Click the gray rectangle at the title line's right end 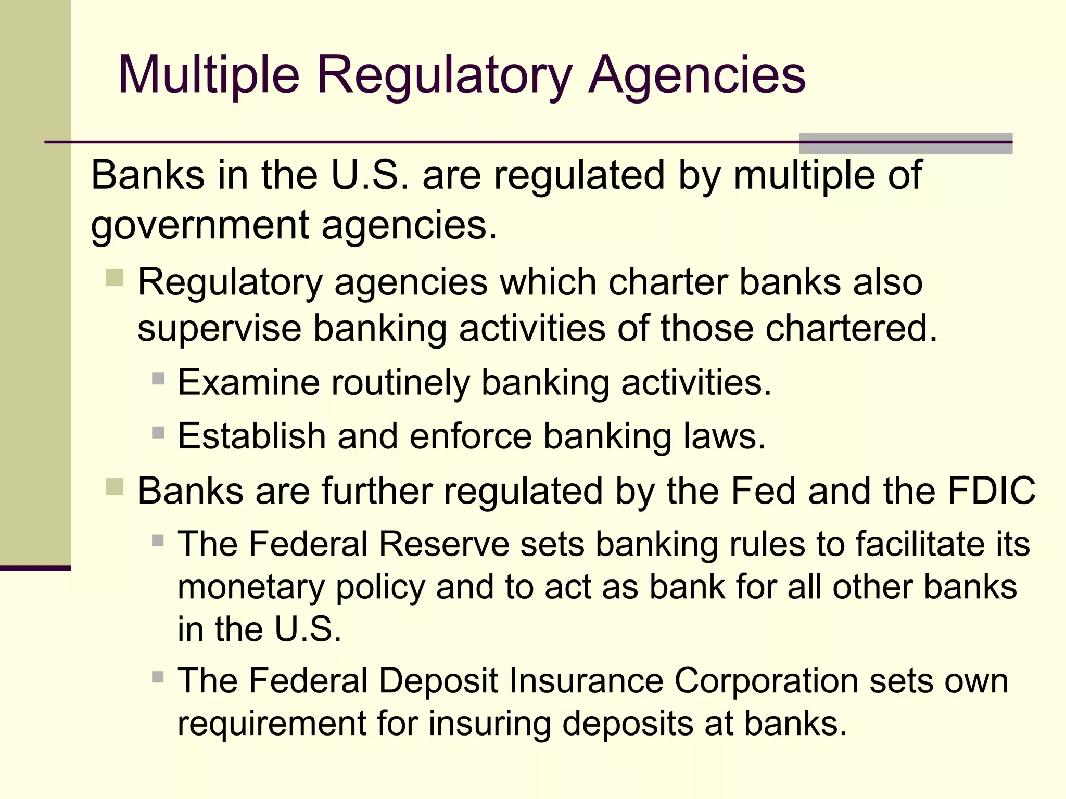(905, 144)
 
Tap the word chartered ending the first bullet (851, 328)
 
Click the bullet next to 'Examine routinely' (158, 378)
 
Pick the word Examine (248, 382)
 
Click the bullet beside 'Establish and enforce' (158, 432)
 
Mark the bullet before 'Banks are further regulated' (115, 487)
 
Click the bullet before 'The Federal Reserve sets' (158, 540)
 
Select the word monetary (251, 588)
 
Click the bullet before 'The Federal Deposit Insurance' (158, 677)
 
